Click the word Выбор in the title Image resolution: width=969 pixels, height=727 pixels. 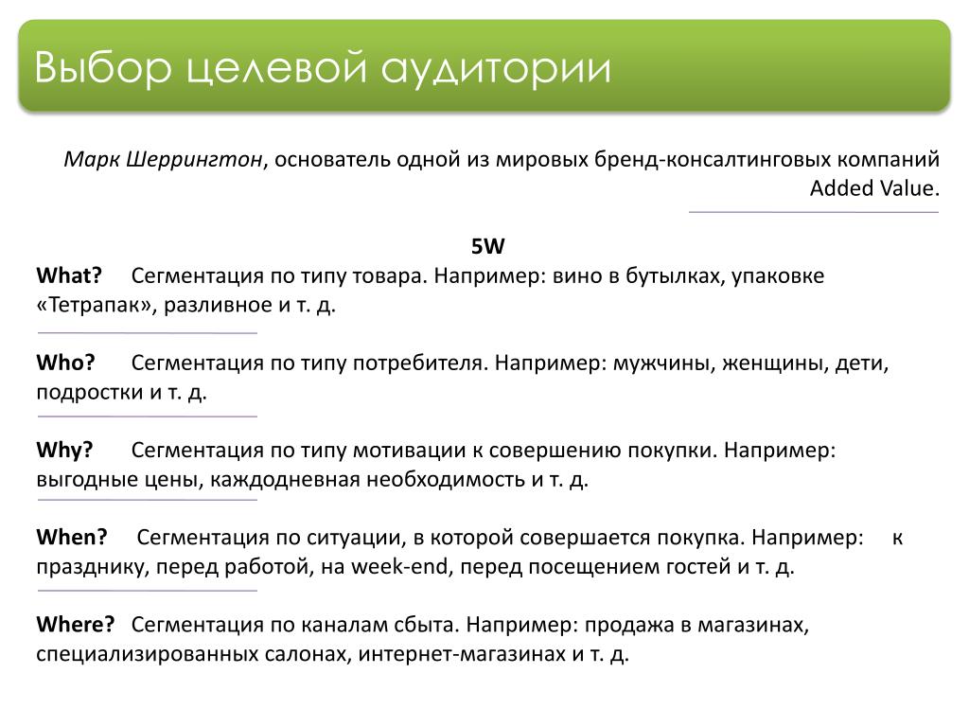(x=102, y=67)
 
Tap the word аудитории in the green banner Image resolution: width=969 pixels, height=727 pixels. (x=496, y=68)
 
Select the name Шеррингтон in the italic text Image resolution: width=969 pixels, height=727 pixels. (x=195, y=159)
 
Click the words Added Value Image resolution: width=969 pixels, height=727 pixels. (x=874, y=188)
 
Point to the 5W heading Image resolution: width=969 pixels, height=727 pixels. (x=487, y=247)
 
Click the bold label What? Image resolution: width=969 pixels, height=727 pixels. (x=68, y=275)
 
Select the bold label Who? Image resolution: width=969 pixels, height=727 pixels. (x=65, y=363)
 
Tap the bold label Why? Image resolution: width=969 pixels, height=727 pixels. (x=64, y=450)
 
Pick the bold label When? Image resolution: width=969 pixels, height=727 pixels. (x=72, y=537)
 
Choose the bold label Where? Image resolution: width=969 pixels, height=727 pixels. (x=76, y=624)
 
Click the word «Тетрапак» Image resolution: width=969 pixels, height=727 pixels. (x=97, y=305)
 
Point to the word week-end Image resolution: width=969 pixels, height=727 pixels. (x=399, y=566)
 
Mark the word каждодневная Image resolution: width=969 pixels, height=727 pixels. (x=285, y=480)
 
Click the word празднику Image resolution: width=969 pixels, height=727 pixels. (x=93, y=567)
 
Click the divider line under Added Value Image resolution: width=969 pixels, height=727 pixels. (x=814, y=212)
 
